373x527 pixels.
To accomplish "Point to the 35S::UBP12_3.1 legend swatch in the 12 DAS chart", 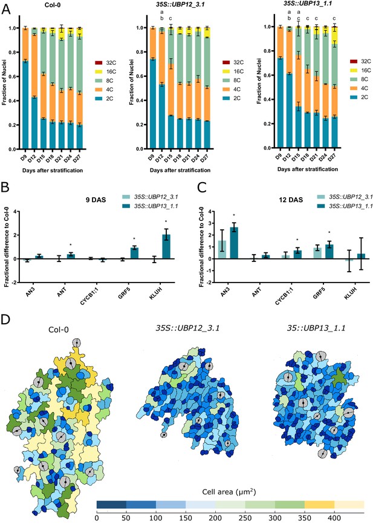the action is coord(321,197).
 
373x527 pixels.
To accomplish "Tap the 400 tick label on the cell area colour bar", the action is coord(334,518).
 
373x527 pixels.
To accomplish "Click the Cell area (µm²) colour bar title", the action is coord(229,492).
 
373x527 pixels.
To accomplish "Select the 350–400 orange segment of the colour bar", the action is coord(319,504).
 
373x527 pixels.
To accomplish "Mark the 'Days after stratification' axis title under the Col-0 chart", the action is coord(53,171).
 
